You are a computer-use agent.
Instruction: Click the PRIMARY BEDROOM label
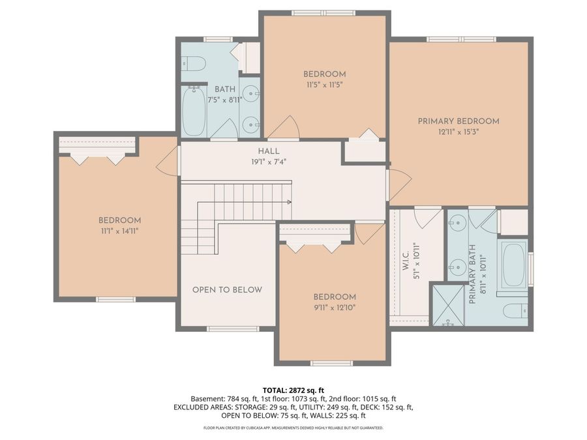point(459,121)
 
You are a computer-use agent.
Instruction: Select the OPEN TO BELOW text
point(227,290)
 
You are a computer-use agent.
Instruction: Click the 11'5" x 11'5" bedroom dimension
point(324,84)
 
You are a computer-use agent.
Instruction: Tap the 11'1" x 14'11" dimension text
point(119,231)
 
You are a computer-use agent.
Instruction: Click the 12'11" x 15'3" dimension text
point(459,132)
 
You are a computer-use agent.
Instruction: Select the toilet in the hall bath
point(194,63)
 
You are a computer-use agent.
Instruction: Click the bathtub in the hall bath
point(194,111)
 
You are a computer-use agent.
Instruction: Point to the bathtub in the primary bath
point(514,265)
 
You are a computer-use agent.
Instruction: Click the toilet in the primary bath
point(515,310)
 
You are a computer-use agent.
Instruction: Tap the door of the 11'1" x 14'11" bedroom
point(168,160)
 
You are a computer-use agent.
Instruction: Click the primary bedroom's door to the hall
point(398,185)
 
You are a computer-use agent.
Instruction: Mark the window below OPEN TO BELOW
point(233,329)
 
